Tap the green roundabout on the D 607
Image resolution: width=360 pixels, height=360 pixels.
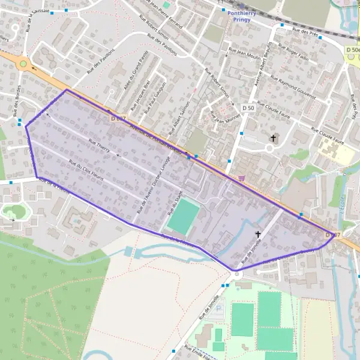(x=23, y=63)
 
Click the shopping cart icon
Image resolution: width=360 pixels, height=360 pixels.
(x=241, y=178)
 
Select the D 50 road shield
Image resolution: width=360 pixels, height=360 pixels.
(x=248, y=107)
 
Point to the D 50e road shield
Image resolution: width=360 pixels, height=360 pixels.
(x=352, y=50)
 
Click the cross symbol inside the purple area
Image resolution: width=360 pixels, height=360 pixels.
(x=259, y=235)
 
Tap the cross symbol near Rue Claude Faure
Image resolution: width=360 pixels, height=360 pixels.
(x=274, y=139)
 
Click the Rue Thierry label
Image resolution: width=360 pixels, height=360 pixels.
(x=100, y=147)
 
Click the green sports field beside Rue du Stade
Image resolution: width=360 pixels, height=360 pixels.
(x=184, y=217)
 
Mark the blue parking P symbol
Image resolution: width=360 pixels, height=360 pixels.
(x=218, y=308)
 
